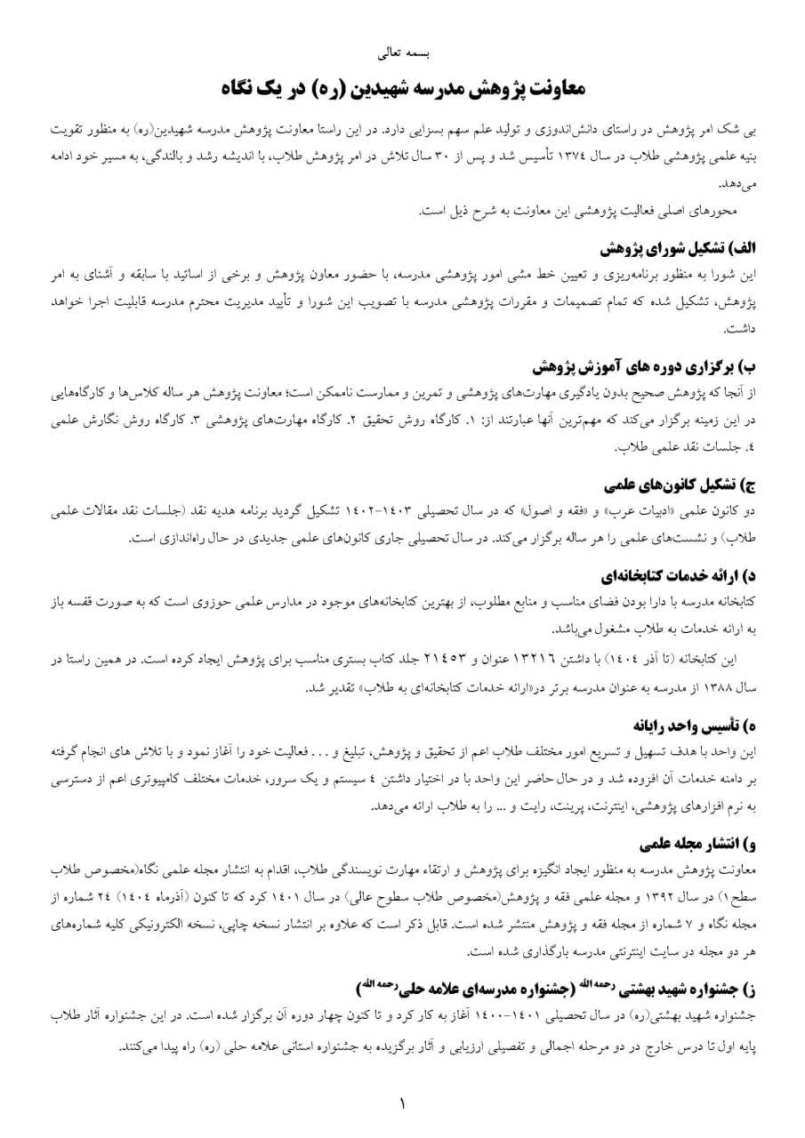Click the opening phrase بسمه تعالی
(x=402, y=53)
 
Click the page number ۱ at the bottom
(x=402, y=1104)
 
